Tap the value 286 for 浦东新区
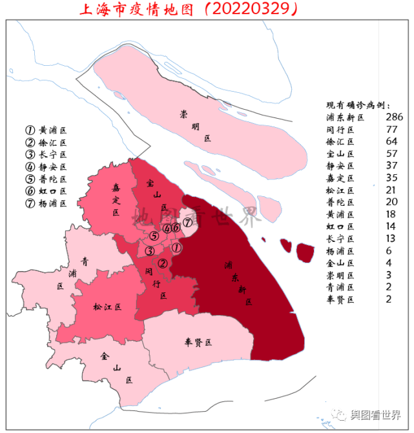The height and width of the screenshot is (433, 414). pos(393,117)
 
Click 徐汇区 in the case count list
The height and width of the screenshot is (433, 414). pos(342,141)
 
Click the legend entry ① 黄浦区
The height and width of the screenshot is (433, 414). pos(45,130)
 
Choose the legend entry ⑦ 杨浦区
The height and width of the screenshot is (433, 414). pos(45,204)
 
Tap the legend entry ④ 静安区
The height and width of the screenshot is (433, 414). pos(45,167)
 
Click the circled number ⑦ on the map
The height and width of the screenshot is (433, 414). pos(187,223)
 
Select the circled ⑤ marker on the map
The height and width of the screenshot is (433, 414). pos(154,236)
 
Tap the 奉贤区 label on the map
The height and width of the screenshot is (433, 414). pos(198,342)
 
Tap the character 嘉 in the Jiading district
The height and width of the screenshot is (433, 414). pos(116,188)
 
